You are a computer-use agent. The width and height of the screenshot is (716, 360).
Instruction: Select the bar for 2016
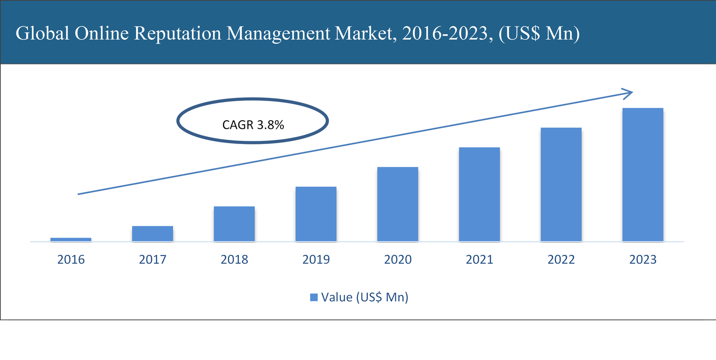click(71, 240)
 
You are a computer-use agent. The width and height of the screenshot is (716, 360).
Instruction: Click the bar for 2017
click(153, 234)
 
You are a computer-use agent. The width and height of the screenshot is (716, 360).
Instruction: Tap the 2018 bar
click(234, 224)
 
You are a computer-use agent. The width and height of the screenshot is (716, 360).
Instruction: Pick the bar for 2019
click(316, 214)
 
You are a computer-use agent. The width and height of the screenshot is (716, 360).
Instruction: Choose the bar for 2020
click(397, 204)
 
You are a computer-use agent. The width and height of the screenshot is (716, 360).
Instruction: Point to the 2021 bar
click(479, 195)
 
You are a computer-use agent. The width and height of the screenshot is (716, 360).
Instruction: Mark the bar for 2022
click(561, 185)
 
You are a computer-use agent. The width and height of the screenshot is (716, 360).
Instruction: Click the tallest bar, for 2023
click(643, 175)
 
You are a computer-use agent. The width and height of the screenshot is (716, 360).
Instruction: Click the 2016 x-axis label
click(71, 259)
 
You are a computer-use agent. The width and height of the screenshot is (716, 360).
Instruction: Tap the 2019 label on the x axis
click(316, 259)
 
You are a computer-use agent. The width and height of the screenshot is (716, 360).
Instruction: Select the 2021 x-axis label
click(479, 259)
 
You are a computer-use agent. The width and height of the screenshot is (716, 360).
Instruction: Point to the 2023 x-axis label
click(643, 259)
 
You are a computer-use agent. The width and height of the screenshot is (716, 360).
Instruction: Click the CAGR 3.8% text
click(253, 125)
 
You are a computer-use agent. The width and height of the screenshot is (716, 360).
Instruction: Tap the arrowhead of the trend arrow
click(629, 93)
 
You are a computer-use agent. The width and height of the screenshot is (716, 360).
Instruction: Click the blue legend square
click(314, 297)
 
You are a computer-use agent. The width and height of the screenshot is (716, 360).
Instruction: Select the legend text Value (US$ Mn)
click(365, 297)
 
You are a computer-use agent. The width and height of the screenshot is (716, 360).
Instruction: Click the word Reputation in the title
click(178, 34)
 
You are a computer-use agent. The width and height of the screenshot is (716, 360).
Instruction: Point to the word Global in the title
click(43, 34)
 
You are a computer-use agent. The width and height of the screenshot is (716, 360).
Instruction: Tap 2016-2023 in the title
click(445, 34)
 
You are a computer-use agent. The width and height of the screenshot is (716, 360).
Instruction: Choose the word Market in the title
click(365, 34)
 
